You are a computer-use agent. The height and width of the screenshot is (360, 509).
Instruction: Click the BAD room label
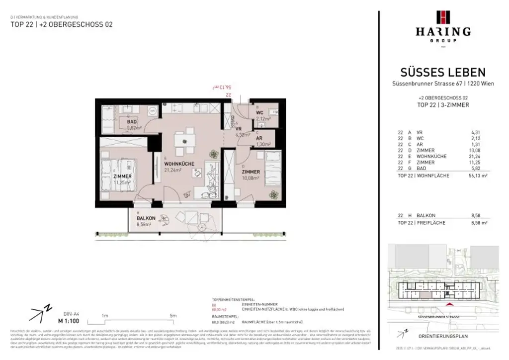coord(132,121)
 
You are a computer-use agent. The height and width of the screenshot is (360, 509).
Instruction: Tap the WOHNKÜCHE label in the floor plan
coord(178,164)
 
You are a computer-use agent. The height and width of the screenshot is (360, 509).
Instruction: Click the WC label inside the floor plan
coord(259,113)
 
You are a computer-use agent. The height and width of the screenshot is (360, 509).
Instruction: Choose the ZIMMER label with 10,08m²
coord(251,172)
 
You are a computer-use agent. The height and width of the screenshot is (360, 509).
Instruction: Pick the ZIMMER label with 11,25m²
coord(122,177)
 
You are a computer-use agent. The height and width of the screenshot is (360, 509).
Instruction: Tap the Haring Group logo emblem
coord(442,17)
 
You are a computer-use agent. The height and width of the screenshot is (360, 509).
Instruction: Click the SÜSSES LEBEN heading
coord(442,73)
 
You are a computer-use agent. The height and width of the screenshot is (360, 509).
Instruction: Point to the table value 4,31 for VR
coord(476,132)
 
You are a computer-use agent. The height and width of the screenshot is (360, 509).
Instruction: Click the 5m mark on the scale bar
coord(173,316)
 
